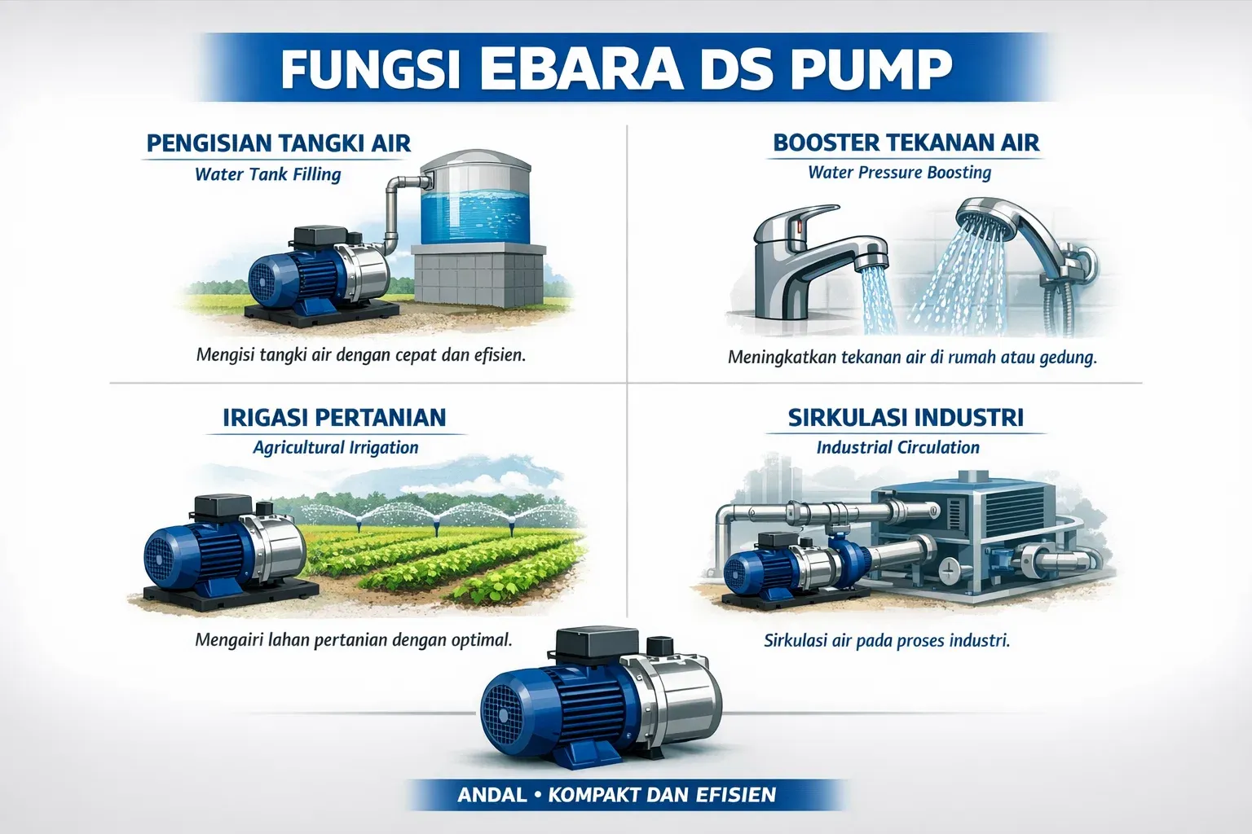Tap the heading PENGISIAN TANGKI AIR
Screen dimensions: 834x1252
click(279, 143)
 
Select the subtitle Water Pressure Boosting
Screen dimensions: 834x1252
click(899, 173)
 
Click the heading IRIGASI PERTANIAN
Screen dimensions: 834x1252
click(334, 418)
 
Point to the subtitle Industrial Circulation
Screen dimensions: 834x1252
click(897, 447)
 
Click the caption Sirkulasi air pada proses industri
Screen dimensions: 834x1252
click(887, 640)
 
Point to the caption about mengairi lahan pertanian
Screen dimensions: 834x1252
click(354, 639)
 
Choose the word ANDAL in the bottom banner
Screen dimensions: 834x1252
click(492, 794)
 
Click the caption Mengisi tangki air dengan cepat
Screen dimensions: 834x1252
click(360, 356)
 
